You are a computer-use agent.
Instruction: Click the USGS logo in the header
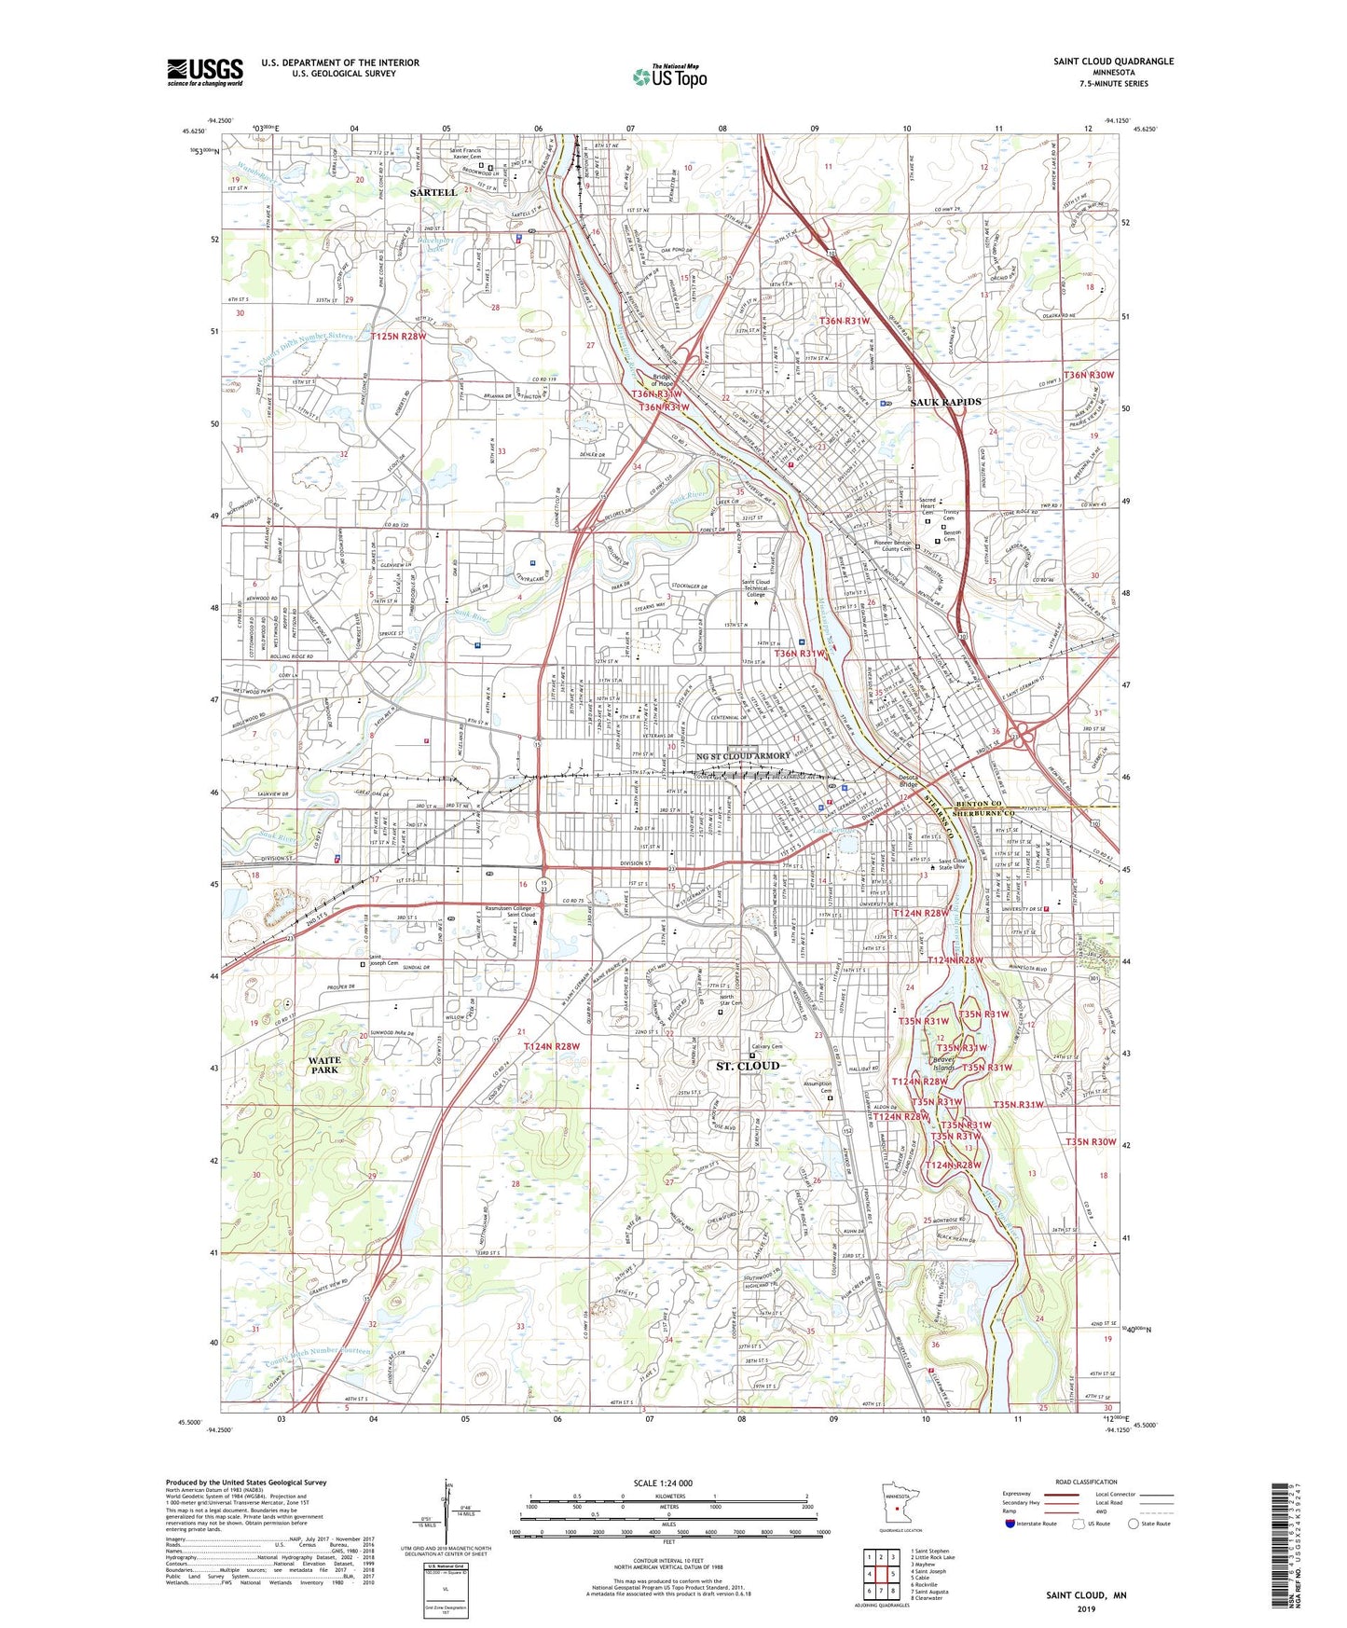205,71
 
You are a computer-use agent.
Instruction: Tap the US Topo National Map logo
669,76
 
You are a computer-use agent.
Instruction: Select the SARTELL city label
433,192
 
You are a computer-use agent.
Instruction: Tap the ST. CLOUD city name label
748,1065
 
